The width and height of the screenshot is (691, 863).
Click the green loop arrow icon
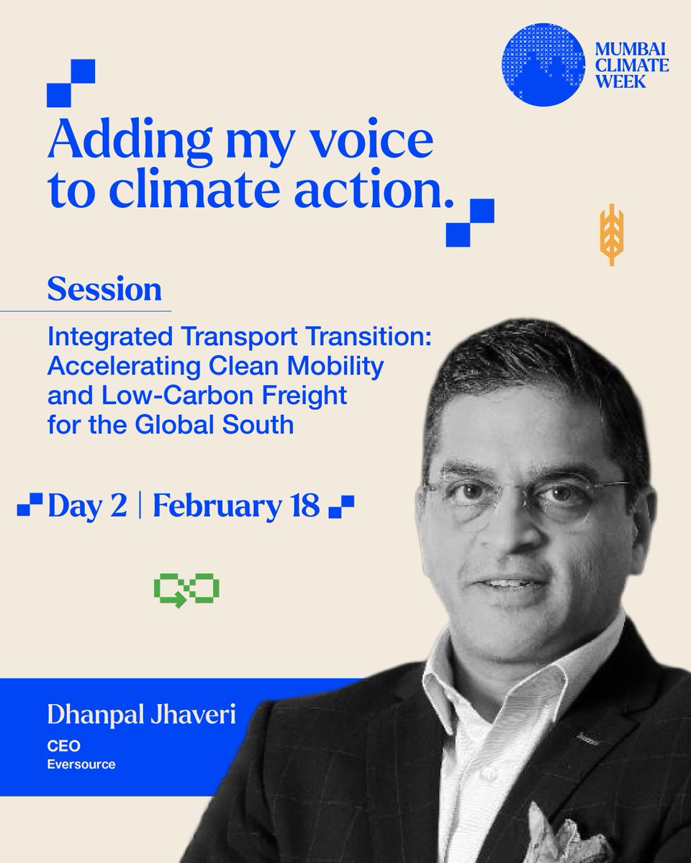186,590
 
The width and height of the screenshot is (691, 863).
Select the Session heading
104,290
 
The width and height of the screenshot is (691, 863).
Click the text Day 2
87,506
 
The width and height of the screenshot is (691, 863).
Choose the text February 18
236,506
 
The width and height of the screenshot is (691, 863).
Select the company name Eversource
81,764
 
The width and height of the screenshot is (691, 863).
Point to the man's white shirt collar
461,690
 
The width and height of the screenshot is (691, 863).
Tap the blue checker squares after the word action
470,222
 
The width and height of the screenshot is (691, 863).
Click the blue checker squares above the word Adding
71,83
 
